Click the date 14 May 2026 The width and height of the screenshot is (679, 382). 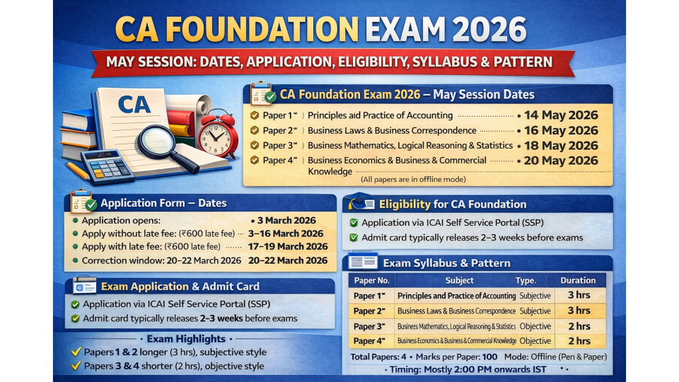click(561, 115)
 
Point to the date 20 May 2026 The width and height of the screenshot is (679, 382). click(561, 161)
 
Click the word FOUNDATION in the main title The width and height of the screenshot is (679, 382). click(262, 30)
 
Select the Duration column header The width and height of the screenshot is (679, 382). click(578, 280)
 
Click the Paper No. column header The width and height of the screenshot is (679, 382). click(371, 280)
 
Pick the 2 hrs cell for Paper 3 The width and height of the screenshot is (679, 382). click(579, 326)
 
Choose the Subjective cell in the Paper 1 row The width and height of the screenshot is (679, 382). click(535, 296)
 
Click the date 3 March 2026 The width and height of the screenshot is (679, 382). click(286, 221)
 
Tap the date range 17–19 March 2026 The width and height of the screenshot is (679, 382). click(288, 246)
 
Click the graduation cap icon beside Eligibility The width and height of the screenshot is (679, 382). click(361, 202)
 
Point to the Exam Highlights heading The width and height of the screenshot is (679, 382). click(186, 339)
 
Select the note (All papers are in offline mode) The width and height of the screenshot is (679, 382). click(413, 179)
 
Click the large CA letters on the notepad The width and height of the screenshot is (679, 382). click(134, 105)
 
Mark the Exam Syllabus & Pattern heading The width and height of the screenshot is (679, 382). click(446, 263)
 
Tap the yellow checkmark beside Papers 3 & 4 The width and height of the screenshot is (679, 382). click(76, 365)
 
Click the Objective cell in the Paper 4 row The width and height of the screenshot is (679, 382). click(535, 341)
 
